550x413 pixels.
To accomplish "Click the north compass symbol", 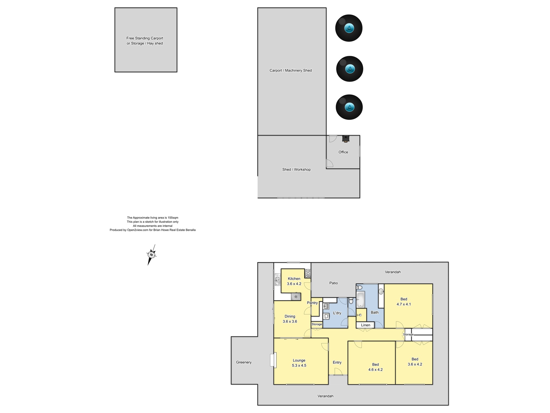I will tap(151, 255).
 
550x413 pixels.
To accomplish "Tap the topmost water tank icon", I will tap(349, 28).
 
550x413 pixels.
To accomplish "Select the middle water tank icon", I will tap(349, 69).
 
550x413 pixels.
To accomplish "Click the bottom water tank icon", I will tap(349, 107).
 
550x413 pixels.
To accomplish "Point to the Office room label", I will tap(343, 152).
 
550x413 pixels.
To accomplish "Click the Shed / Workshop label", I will tap(296, 170).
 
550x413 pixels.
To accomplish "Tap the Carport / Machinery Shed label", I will tap(290, 70).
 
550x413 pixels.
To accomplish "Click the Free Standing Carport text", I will tap(145, 38).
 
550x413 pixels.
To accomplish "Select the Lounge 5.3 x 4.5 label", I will tap(299, 363).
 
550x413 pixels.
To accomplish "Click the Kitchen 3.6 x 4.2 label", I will tap(294, 281).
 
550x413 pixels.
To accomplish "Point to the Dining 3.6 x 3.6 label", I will tap(290, 319).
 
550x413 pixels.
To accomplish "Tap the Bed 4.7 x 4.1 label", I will tap(404, 302).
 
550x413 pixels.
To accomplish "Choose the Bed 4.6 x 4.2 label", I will tap(375, 367).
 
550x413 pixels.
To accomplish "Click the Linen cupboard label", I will tap(366, 325).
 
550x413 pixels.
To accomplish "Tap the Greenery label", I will tap(244, 362).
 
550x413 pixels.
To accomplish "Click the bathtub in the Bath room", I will tap(360, 299).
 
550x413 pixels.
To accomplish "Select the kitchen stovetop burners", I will tap(308, 273).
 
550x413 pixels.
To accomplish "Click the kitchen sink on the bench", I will tap(277, 280).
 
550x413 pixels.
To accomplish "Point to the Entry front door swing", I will tap(338, 372).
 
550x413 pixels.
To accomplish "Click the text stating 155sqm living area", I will tap(152, 218).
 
